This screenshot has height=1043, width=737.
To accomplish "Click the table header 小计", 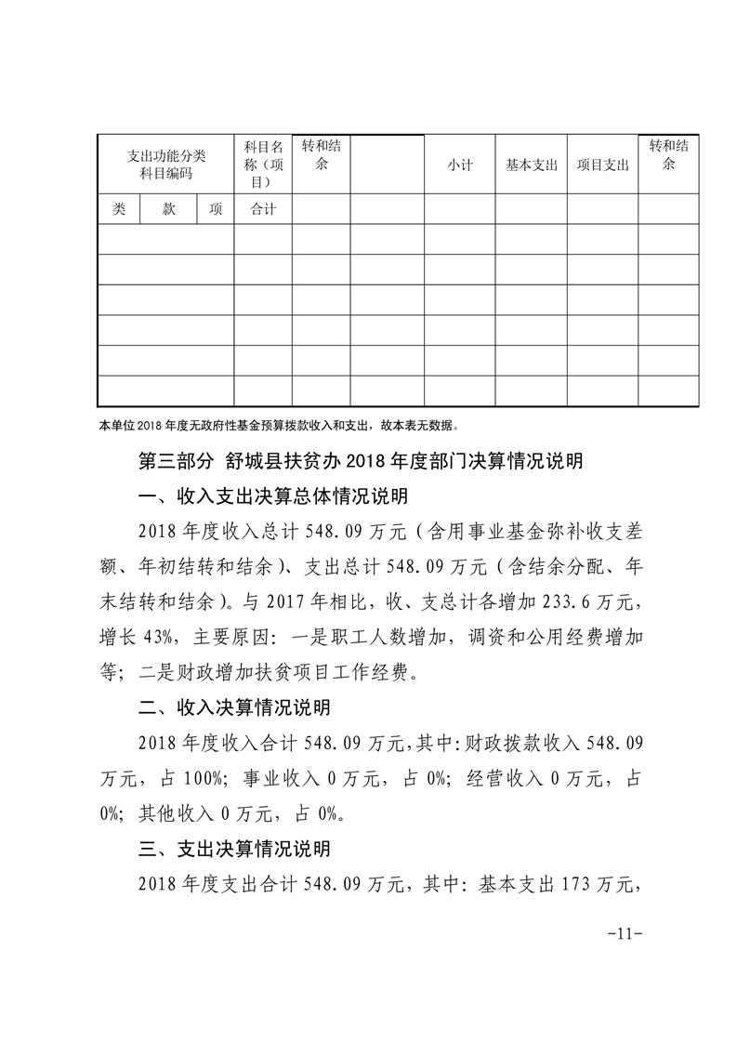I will pos(459,165).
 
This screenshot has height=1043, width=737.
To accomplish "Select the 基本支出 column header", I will pos(531,165).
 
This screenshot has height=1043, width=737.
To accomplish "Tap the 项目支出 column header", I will pos(602,165).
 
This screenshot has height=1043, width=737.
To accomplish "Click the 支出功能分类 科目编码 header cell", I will pos(165,164).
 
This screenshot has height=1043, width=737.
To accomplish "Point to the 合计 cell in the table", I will pos(263,209).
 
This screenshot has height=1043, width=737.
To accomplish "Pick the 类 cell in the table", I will pos(118,209).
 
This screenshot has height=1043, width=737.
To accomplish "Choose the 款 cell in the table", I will pos(168,209).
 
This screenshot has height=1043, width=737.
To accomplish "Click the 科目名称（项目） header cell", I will pos(263,164).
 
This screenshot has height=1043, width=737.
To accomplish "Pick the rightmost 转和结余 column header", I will pos(668,154).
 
